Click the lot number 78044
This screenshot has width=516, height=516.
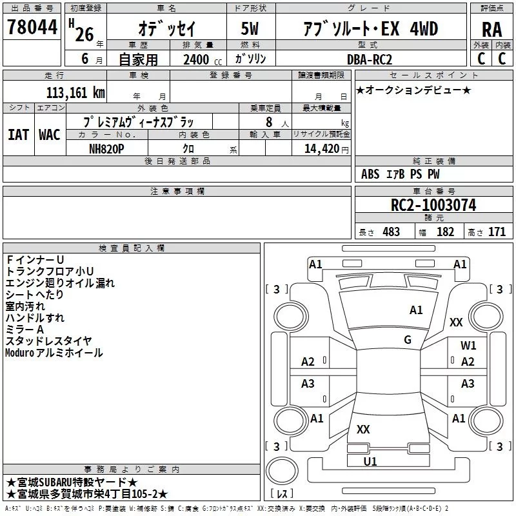[32, 27]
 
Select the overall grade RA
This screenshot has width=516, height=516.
[492, 30]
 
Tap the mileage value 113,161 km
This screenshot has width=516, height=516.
[75, 93]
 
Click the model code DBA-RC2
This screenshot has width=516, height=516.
[370, 59]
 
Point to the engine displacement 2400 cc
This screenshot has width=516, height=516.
[203, 60]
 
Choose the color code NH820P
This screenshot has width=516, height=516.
[106, 149]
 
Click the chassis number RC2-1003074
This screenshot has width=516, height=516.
[433, 205]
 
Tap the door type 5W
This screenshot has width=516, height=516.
[250, 28]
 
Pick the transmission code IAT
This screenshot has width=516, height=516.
[18, 135]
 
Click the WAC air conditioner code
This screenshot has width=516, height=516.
[50, 135]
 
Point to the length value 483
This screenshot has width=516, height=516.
[392, 232]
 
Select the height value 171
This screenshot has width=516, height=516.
[497, 232]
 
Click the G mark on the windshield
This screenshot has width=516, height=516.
[408, 340]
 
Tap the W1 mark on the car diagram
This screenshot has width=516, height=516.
[468, 346]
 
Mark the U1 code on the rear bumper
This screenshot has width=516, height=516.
[370, 462]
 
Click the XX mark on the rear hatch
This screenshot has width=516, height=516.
[363, 430]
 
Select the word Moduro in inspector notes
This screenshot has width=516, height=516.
[20, 353]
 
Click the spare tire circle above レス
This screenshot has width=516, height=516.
[282, 471]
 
